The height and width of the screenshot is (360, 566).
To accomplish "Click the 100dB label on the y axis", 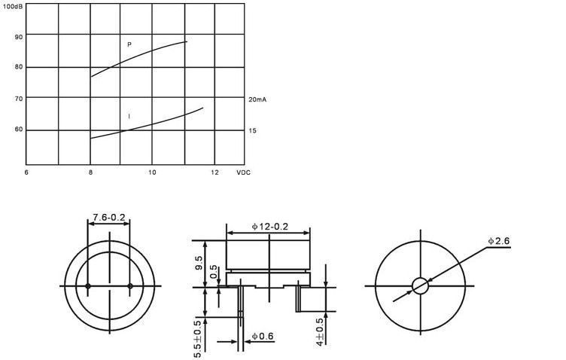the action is click(13, 6).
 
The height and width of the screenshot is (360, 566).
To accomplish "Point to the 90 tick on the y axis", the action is click(19, 37).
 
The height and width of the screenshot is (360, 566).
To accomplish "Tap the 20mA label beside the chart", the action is click(257, 99).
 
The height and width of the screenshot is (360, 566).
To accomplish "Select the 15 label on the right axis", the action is click(252, 130).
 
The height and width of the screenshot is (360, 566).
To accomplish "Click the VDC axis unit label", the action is click(243, 172).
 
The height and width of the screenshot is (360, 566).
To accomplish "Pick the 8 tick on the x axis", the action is click(90, 172).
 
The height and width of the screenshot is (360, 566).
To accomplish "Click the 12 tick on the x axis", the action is click(215, 172).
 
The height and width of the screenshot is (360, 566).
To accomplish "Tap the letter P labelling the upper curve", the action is click(129, 44).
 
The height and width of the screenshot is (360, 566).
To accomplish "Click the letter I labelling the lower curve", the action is click(129, 116).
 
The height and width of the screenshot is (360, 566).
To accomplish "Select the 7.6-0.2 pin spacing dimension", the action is click(109, 218).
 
